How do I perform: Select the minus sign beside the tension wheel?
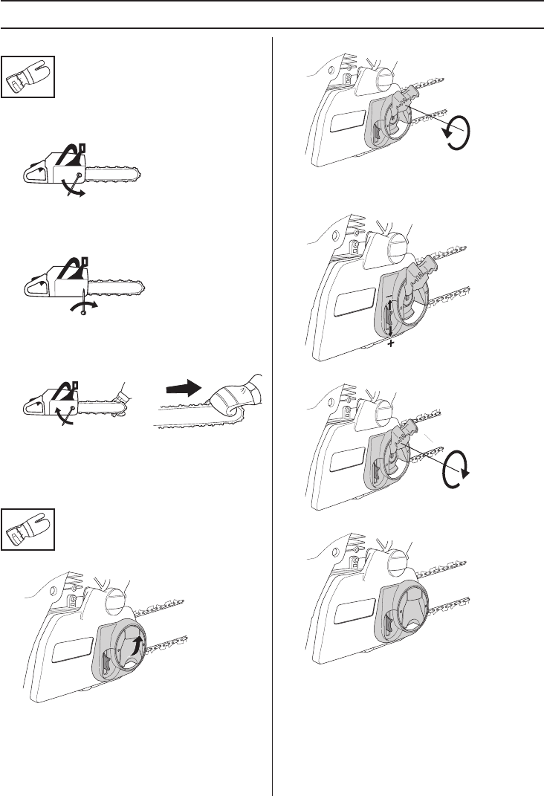pyautogui.click(x=387, y=297)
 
